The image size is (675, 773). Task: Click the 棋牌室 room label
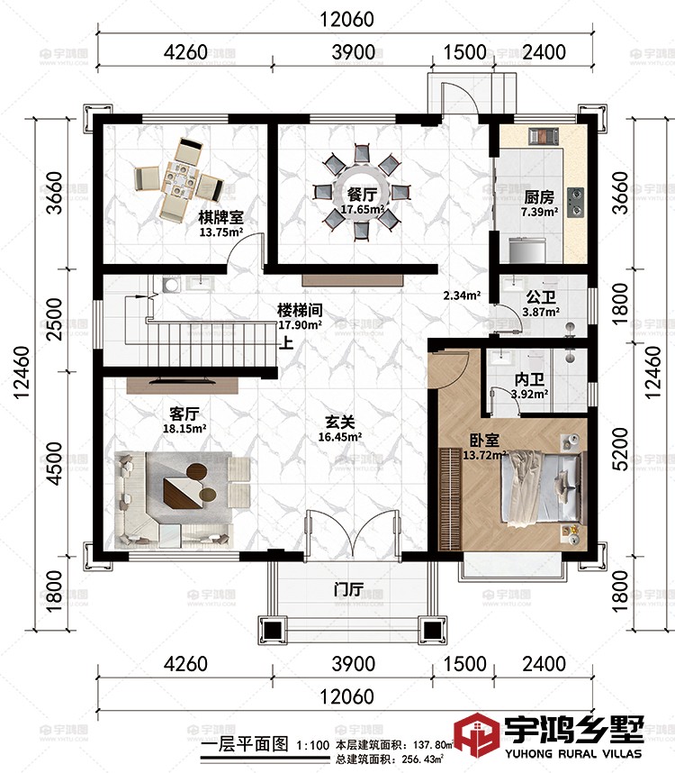(220, 217)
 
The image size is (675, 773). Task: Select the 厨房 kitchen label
(539, 197)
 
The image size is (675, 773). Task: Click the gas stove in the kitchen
(575, 202)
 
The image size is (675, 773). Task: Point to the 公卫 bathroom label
(541, 297)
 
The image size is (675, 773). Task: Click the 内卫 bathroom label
(530, 379)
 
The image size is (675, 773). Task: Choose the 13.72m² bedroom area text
(485, 455)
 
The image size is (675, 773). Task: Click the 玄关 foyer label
(340, 422)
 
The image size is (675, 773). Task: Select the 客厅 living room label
(184, 414)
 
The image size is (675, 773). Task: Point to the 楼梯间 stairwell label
(300, 310)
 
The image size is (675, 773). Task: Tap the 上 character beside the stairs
(286, 342)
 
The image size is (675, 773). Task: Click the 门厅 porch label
(349, 588)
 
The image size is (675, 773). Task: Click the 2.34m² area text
(462, 296)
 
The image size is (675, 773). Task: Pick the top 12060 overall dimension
(347, 19)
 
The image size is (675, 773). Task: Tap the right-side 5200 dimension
(621, 449)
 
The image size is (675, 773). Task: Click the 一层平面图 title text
(245, 744)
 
